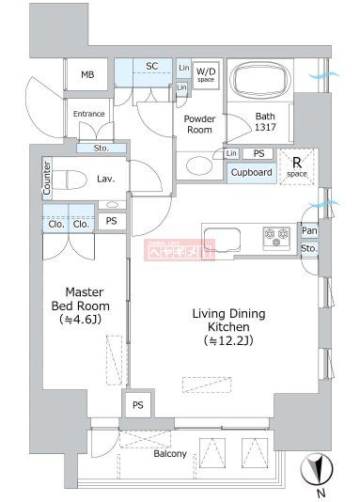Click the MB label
click(x=87, y=75)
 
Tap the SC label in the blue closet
click(x=151, y=66)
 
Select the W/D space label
click(x=206, y=74)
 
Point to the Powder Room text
click(x=200, y=124)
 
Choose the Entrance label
click(x=89, y=115)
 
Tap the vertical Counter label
click(x=46, y=179)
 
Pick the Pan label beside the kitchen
click(x=309, y=231)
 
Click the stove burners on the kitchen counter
click(x=277, y=236)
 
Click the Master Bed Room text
click(x=80, y=306)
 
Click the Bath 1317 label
click(x=266, y=123)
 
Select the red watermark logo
click(x=179, y=249)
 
